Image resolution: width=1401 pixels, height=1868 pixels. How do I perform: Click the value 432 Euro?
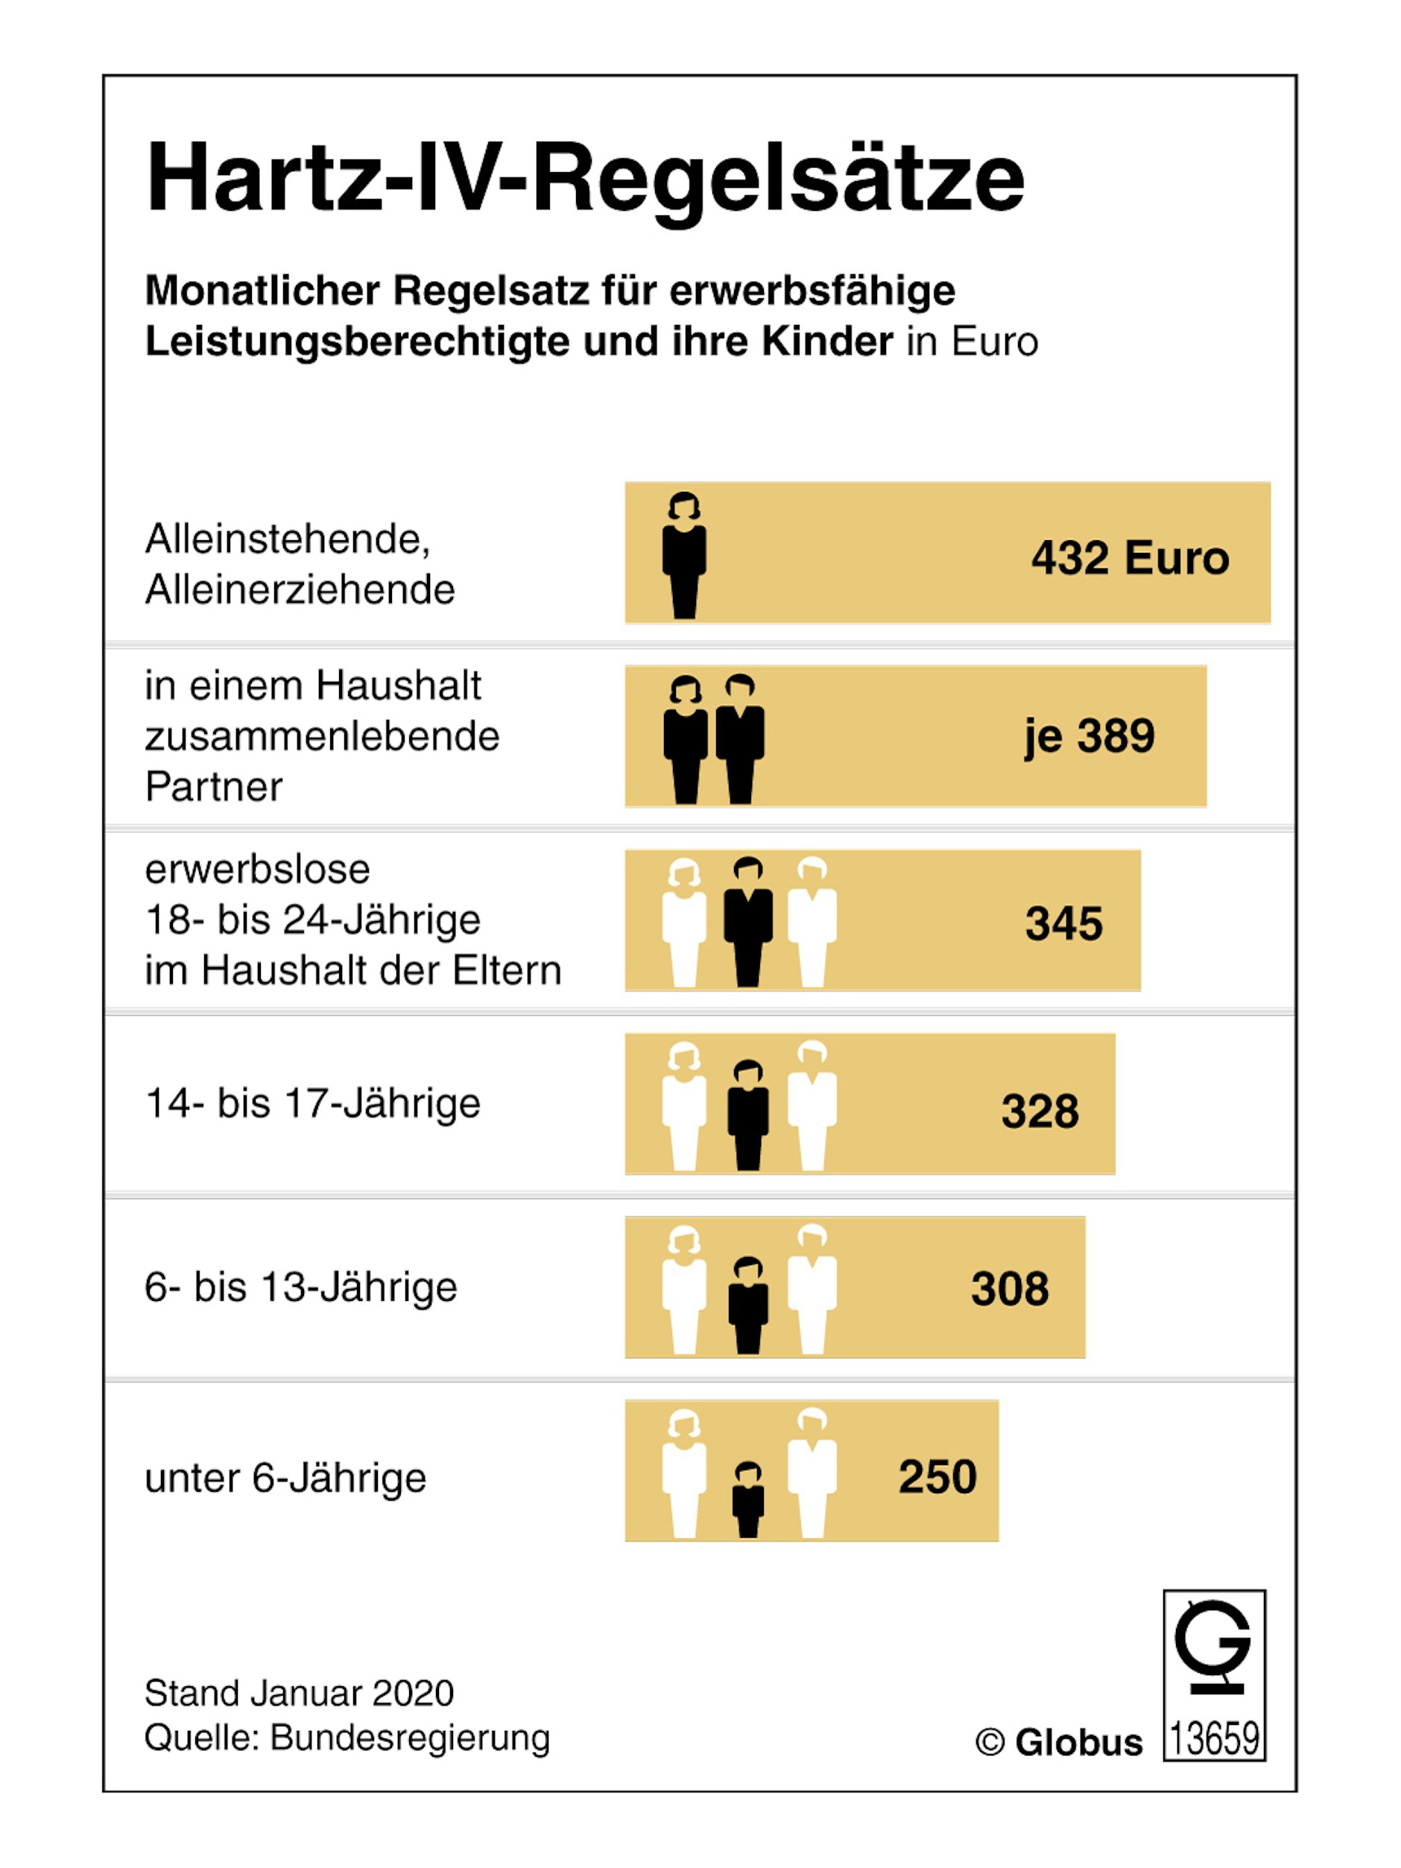[x=1129, y=558]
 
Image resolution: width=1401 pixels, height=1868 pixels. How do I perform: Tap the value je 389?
[x=1089, y=735]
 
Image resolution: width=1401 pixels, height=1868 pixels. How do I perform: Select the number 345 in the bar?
[x=1063, y=923]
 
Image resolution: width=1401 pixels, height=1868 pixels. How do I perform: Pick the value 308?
[x=1010, y=1289]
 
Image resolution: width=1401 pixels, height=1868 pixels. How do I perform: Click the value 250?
[x=937, y=1477]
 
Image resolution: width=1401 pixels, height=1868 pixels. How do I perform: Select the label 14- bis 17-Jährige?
[x=312, y=1103]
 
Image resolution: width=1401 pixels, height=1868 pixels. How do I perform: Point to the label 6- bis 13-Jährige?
[x=300, y=1287]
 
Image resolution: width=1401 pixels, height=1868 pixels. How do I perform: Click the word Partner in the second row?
[x=214, y=786]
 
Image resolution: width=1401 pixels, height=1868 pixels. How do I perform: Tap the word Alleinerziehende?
[x=300, y=589]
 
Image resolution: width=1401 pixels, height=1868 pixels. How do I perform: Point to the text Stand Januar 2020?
[x=299, y=1693]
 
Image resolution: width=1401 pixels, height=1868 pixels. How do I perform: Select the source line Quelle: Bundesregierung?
[x=347, y=1738]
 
